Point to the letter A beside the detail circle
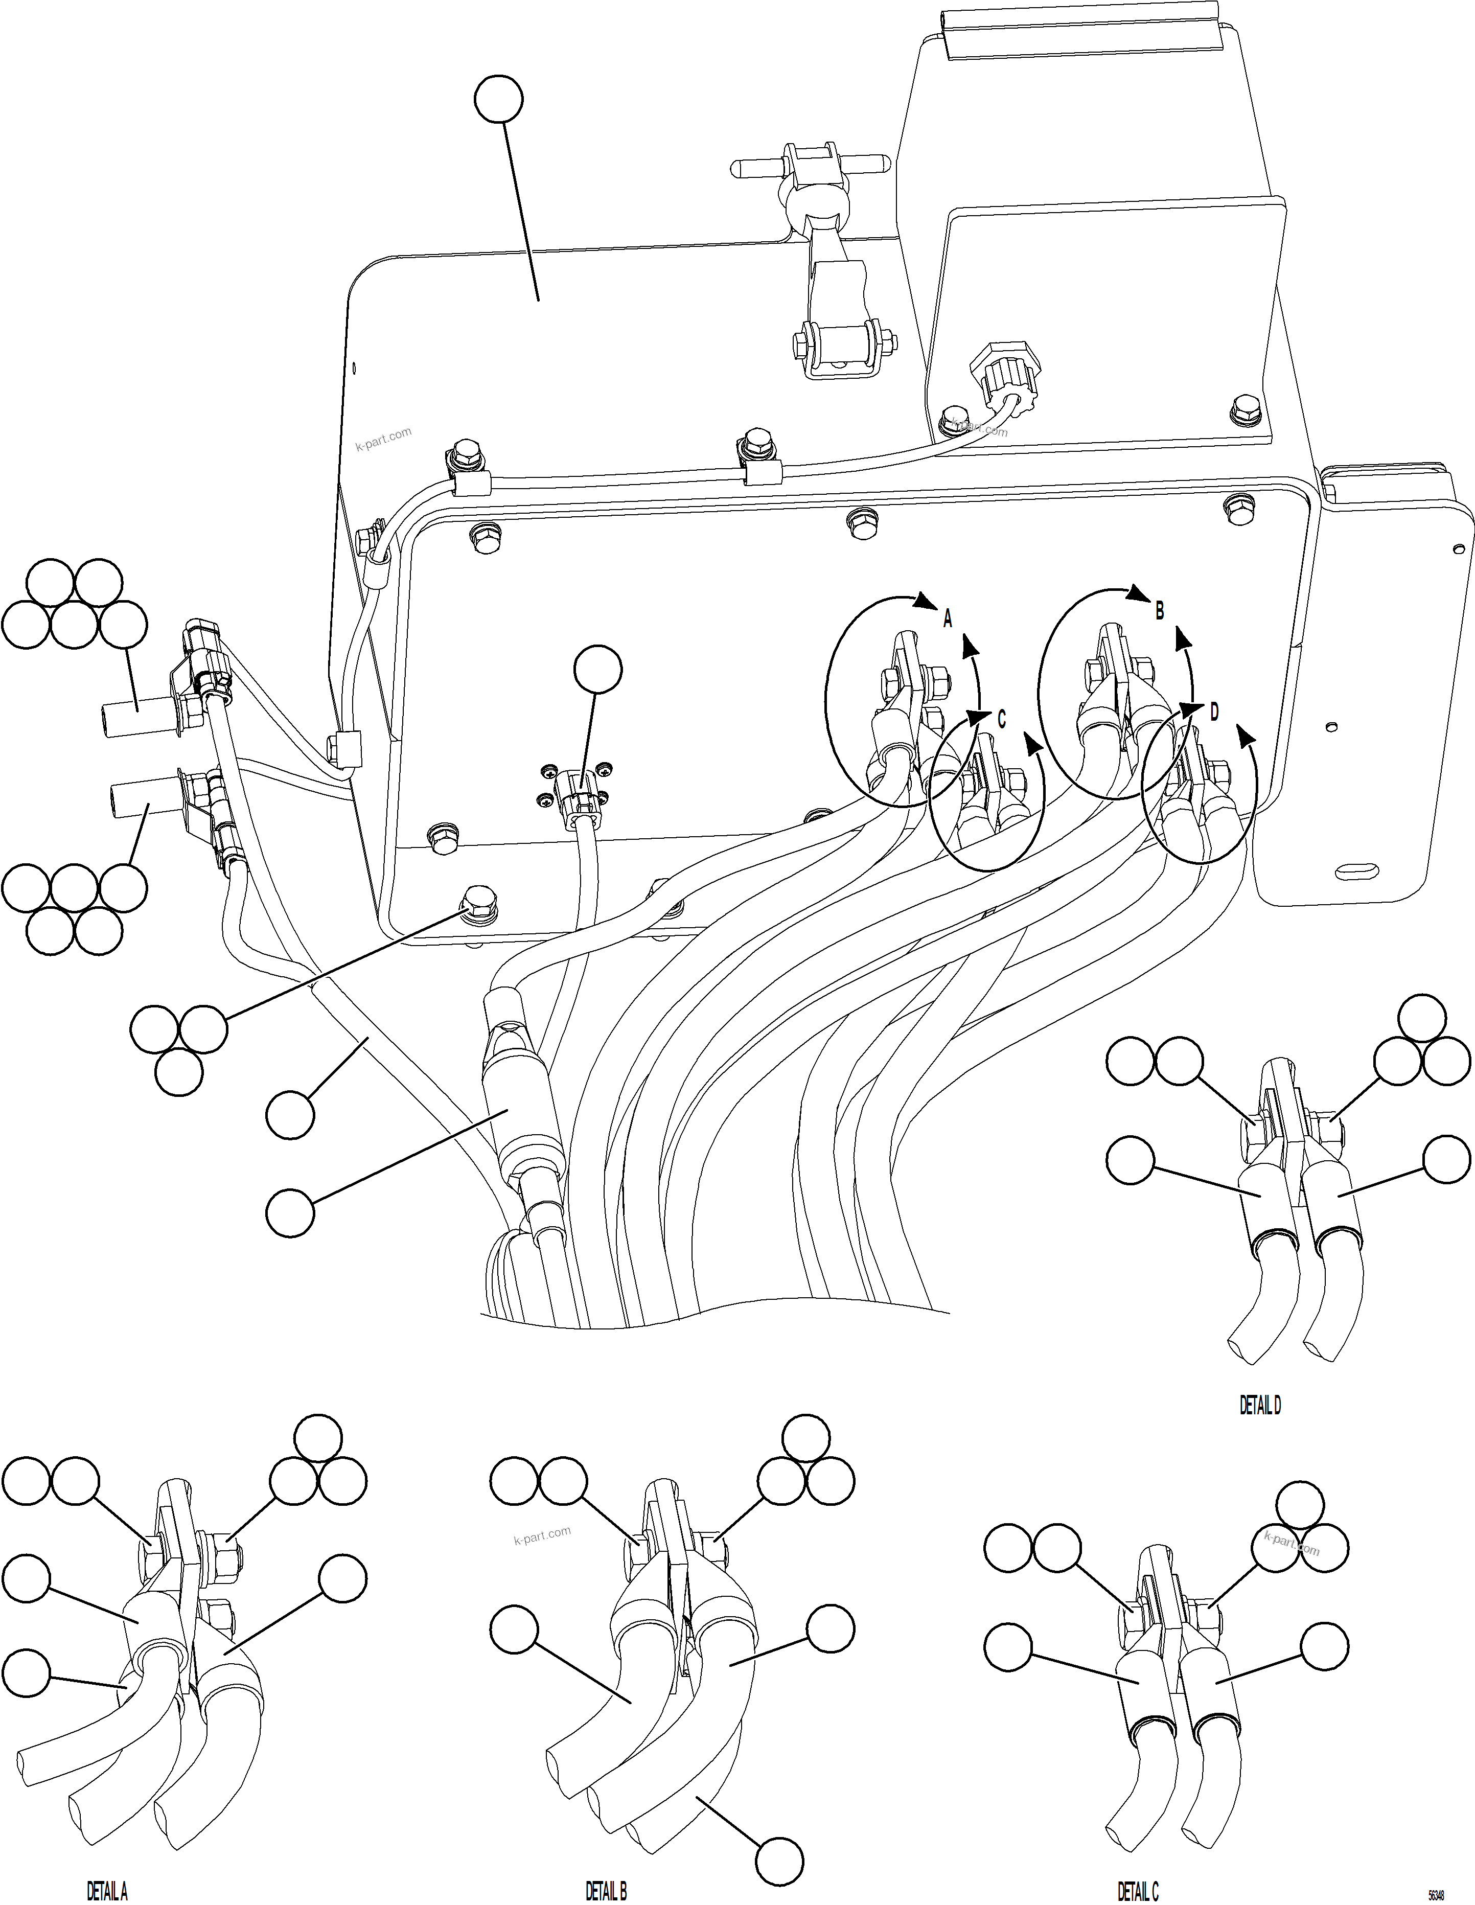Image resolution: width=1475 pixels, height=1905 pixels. click(948, 618)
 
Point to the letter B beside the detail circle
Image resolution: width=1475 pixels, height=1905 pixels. click(1159, 611)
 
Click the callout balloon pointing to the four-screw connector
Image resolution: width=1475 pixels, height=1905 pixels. click(598, 669)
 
